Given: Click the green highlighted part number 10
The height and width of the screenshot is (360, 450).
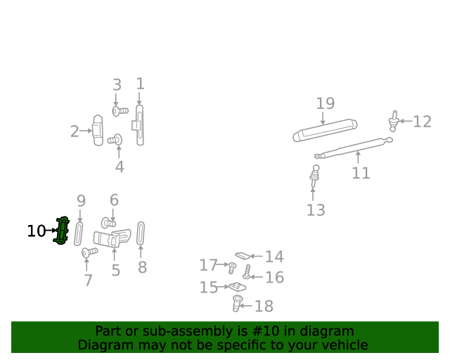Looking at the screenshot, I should pyautogui.click(x=63, y=231).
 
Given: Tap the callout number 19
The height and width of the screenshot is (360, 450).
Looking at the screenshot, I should pyautogui.click(x=325, y=104).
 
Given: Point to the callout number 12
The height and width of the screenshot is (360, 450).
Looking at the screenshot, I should pyautogui.click(x=422, y=122).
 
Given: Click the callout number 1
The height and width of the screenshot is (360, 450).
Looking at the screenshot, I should pyautogui.click(x=140, y=84).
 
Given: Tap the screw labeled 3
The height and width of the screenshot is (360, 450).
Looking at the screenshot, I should pyautogui.click(x=120, y=111).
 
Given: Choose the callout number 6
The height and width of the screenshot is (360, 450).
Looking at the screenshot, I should pyautogui.click(x=114, y=200).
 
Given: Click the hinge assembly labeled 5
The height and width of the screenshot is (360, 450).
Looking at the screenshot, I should pyautogui.click(x=112, y=239).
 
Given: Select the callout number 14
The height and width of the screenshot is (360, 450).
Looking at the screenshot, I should pyautogui.click(x=274, y=257).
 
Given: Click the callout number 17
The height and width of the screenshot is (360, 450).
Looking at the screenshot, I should pyautogui.click(x=208, y=265).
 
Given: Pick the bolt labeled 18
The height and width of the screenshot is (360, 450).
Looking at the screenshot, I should pyautogui.click(x=238, y=304).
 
